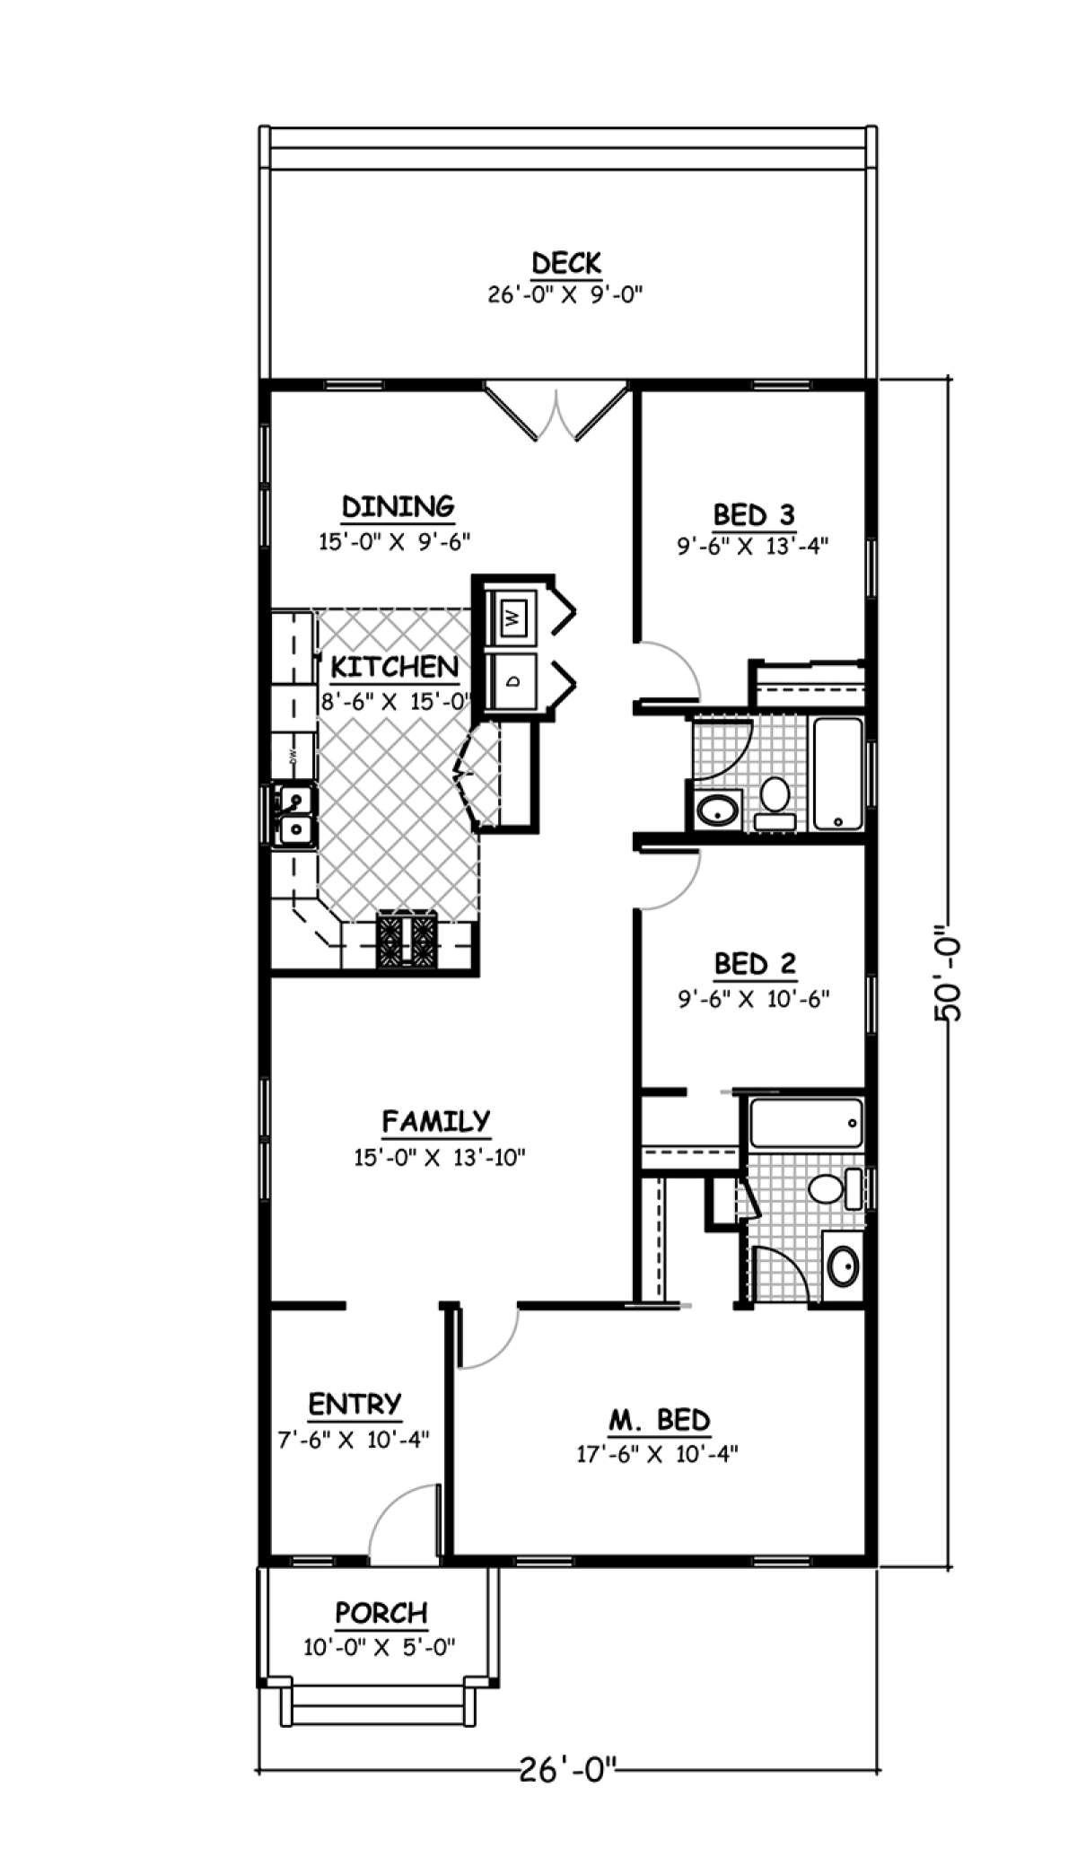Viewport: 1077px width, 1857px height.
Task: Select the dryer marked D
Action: coord(512,680)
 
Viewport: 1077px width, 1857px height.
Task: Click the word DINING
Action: coord(398,506)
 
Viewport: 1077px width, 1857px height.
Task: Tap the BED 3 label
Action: coord(753,515)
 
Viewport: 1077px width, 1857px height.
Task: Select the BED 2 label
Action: coord(754,964)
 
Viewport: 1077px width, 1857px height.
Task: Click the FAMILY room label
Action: coord(436,1121)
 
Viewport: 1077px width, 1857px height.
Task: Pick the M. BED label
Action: coord(659,1420)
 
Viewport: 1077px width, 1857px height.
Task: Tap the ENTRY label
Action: coord(355,1404)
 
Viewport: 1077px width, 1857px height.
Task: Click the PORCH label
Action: coord(381,1613)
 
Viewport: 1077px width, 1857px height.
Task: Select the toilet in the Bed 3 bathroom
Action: coord(774,798)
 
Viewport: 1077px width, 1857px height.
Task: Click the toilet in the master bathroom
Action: coord(826,1190)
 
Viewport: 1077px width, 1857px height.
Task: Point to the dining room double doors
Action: coord(556,413)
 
